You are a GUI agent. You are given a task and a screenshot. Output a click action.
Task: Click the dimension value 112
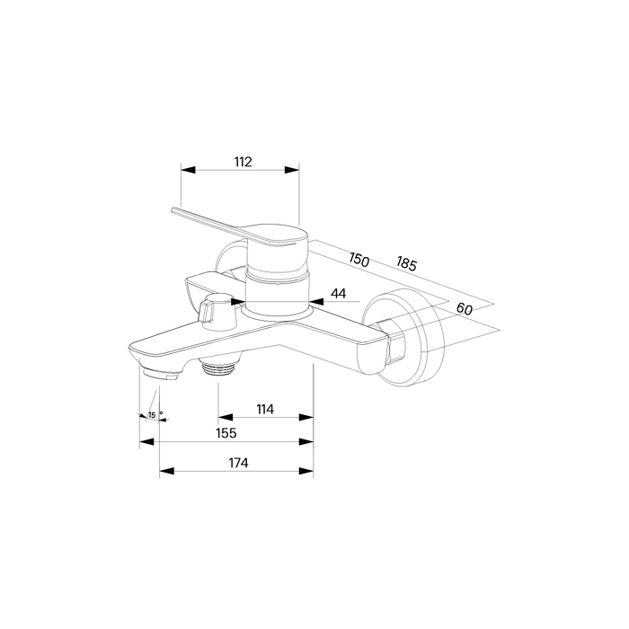pyautogui.click(x=244, y=162)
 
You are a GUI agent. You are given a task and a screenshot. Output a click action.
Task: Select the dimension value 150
pyautogui.click(x=359, y=260)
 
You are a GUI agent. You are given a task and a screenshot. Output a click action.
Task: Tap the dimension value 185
pyautogui.click(x=407, y=263)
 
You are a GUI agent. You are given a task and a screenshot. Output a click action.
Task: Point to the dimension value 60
pyautogui.click(x=465, y=308)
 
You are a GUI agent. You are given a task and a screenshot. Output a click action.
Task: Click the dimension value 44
pyautogui.click(x=338, y=293)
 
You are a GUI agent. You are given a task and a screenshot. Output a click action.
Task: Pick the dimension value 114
pyautogui.click(x=265, y=409)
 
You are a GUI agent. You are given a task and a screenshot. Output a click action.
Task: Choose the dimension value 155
pyautogui.click(x=226, y=433)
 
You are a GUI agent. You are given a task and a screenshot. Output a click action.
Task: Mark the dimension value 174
pyautogui.click(x=239, y=463)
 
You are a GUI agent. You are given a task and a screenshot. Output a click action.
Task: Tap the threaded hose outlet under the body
pyautogui.click(x=218, y=367)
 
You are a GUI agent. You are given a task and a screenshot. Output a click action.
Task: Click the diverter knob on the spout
pyautogui.click(x=216, y=312)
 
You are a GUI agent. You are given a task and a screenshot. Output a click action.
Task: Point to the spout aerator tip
pyautogui.click(x=161, y=373)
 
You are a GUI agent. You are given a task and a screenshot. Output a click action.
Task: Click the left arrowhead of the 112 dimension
pyautogui.click(x=188, y=170)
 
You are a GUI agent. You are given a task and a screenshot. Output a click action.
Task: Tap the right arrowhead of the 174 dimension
pyautogui.click(x=306, y=471)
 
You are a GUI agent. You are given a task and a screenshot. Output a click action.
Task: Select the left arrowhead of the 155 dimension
pyautogui.click(x=146, y=442)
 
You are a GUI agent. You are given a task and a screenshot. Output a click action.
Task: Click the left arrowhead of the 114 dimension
pyautogui.click(x=226, y=417)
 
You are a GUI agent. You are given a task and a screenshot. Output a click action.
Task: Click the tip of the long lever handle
pyautogui.click(x=173, y=209)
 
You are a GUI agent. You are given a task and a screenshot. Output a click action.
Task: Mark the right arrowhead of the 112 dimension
pyautogui.click(x=292, y=170)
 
